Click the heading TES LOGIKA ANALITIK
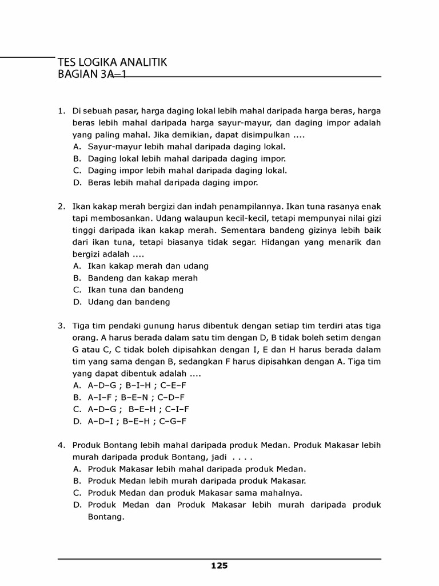click(x=112, y=62)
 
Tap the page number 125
click(x=219, y=566)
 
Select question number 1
click(x=61, y=110)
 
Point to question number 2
click(x=61, y=206)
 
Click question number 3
click(x=61, y=326)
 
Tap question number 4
click(x=61, y=445)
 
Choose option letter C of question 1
click(x=77, y=171)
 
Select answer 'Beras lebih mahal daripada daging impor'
click(x=173, y=183)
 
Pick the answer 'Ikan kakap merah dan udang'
click(x=148, y=266)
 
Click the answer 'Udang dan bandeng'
click(x=129, y=302)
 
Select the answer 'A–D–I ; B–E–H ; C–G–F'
click(x=137, y=421)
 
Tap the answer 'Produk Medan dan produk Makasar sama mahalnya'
click(x=195, y=493)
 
